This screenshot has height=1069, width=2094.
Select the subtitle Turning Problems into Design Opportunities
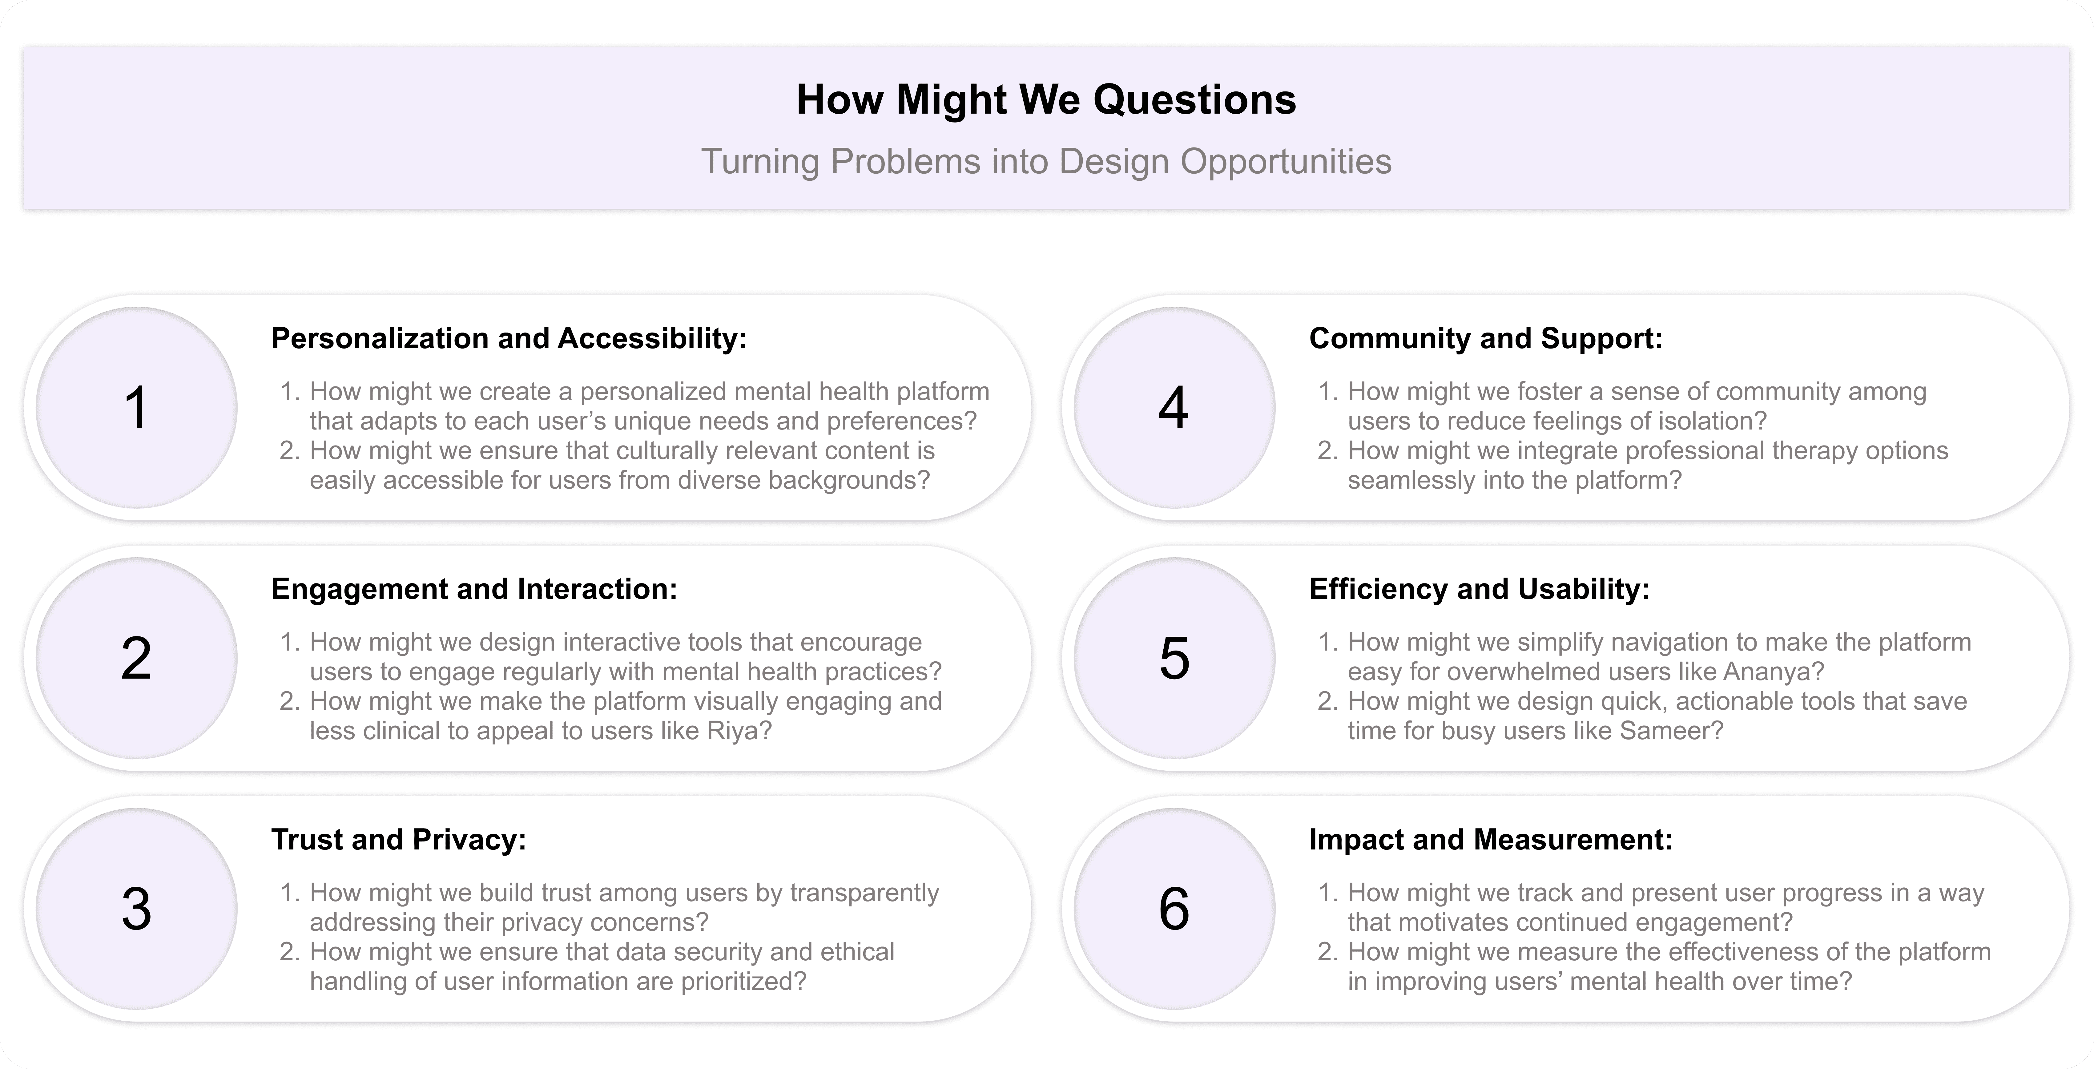[x=1046, y=161]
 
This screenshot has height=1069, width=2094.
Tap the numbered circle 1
[x=137, y=407]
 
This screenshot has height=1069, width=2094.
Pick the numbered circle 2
[x=137, y=658]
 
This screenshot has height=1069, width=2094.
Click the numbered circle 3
[x=137, y=908]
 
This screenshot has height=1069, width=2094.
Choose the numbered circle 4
[x=1174, y=407]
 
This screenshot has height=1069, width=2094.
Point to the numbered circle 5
[x=1174, y=658]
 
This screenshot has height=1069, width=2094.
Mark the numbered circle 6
[x=1174, y=908]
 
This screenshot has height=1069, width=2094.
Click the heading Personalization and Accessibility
[x=509, y=338]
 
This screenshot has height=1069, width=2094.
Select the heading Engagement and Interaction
[x=474, y=589]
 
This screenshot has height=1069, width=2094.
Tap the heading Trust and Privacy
[x=398, y=839]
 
